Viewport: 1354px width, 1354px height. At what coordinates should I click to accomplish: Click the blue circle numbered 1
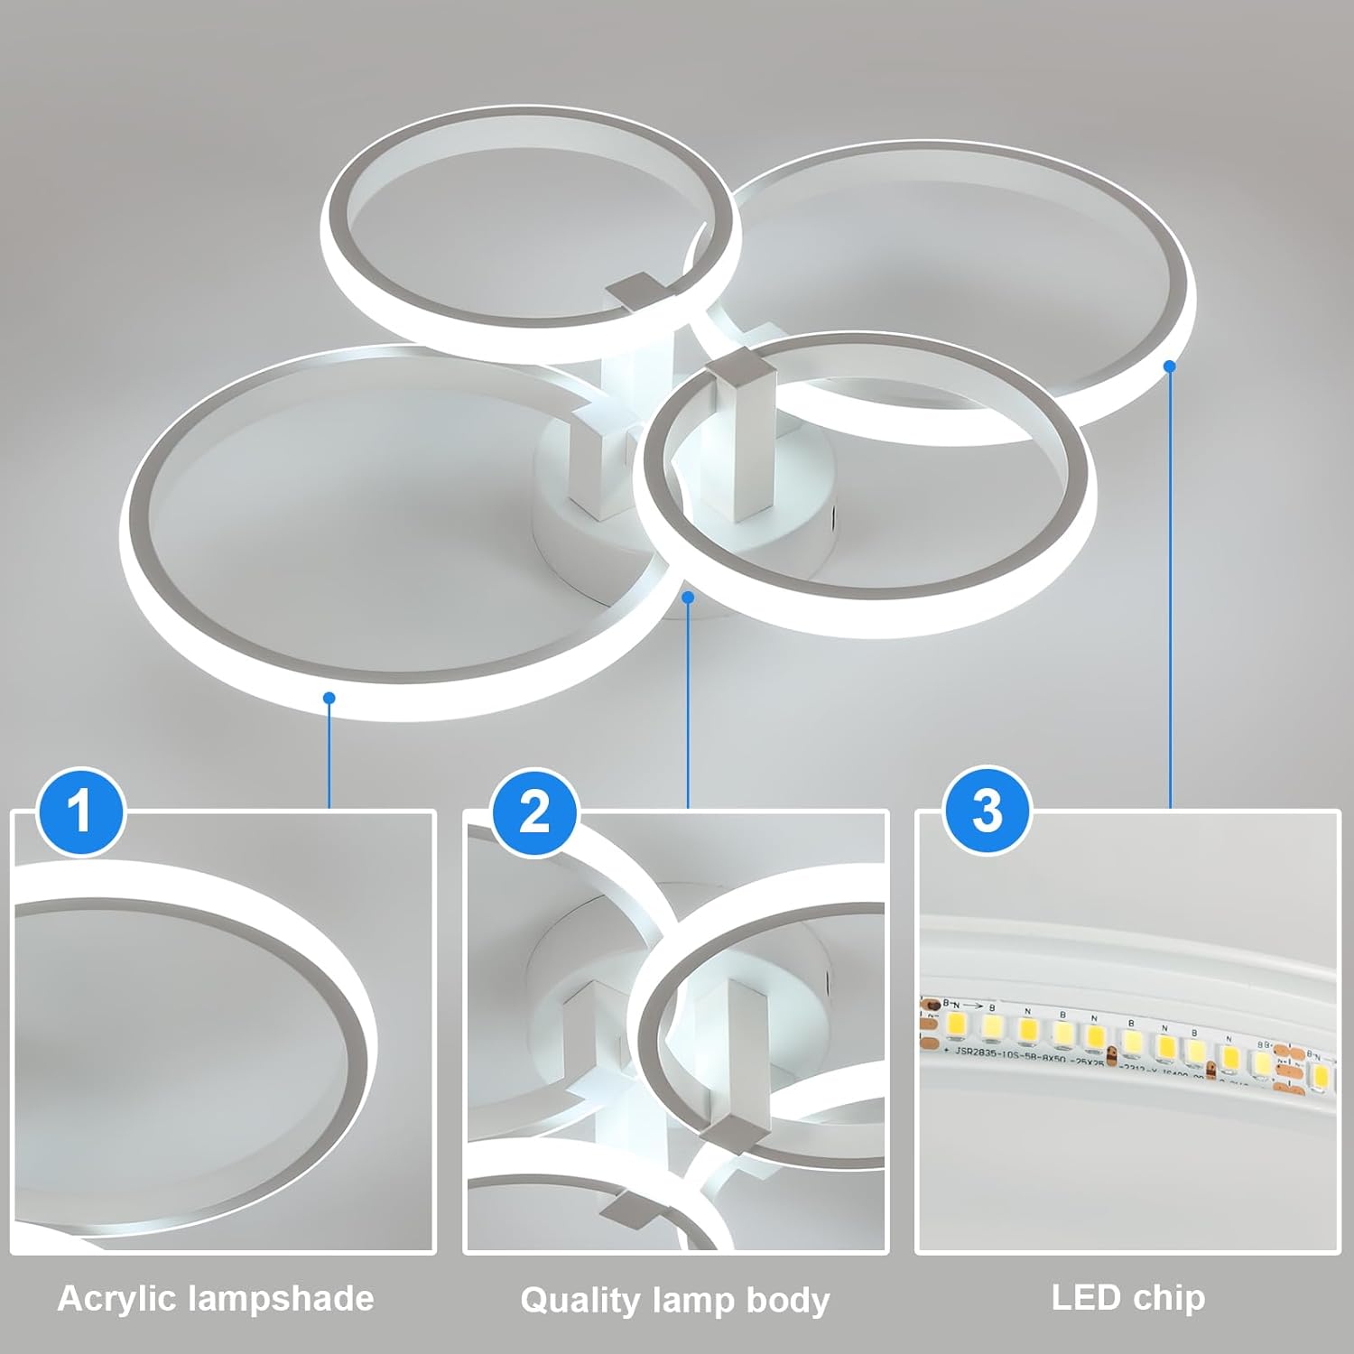click(x=80, y=811)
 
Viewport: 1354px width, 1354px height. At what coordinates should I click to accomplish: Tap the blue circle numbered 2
click(x=534, y=811)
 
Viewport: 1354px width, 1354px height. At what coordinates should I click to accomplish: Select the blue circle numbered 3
click(x=987, y=811)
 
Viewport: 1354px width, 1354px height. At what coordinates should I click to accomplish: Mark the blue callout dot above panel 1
click(x=329, y=698)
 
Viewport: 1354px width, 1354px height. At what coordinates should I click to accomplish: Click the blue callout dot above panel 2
click(x=688, y=597)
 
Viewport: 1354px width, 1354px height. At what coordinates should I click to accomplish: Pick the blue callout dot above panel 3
click(x=1170, y=366)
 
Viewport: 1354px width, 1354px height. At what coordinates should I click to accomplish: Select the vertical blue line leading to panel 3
click(x=1170, y=587)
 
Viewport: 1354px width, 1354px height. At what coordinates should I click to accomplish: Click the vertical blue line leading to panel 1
click(x=329, y=754)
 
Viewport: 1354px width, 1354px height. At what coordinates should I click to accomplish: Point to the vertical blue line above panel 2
click(x=688, y=704)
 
